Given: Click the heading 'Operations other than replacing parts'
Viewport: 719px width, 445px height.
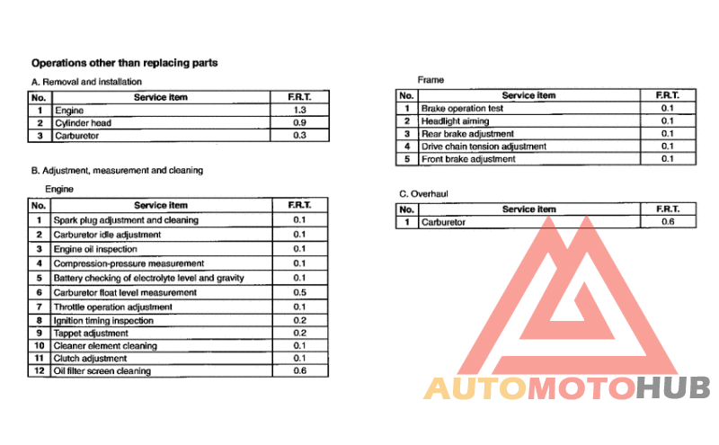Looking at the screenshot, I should [125, 63].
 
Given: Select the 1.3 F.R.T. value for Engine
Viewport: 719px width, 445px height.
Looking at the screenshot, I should [299, 110].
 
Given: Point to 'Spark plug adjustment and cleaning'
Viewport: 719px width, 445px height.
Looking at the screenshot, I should [126, 219].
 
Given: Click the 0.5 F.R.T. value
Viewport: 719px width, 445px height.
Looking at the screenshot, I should [299, 291].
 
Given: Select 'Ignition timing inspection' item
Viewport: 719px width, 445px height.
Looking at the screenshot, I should [103, 320].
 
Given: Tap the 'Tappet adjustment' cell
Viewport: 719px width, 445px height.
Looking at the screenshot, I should [91, 333].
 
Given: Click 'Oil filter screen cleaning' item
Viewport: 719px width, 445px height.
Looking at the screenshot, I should [102, 370].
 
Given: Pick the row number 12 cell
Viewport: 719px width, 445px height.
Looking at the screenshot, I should [40, 370].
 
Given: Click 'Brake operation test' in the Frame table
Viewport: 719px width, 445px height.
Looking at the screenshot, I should [462, 108].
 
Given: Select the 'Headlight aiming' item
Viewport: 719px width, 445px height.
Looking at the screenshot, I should [455, 120].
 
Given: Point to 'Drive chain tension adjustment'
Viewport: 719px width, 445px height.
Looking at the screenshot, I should [484, 146].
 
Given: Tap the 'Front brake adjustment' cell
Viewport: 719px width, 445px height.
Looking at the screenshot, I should [468, 158].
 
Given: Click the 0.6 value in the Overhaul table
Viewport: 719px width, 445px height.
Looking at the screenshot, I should [667, 222].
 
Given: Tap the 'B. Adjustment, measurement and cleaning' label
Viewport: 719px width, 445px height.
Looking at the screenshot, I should [117, 170].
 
